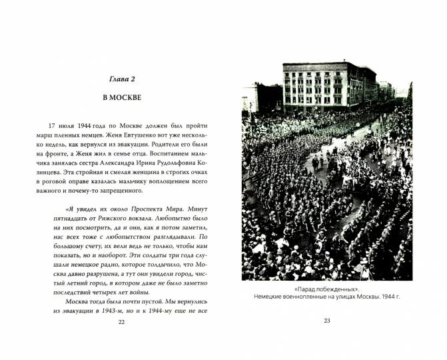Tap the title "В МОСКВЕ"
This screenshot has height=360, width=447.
click(121, 97)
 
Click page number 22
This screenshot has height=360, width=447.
click(121, 322)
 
